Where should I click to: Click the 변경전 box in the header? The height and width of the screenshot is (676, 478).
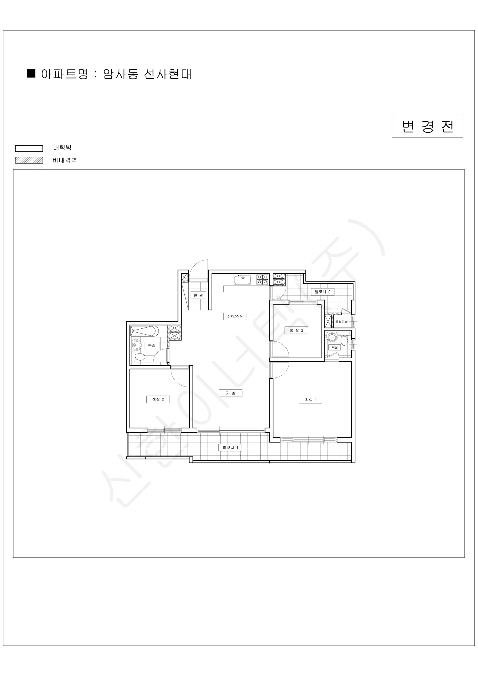point(427,126)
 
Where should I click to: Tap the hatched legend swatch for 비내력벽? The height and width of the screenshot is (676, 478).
point(29,160)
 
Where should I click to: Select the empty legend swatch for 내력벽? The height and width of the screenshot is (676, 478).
point(29,148)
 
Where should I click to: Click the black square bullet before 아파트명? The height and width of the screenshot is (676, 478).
point(31,73)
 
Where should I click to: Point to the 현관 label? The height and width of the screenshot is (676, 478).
point(198,295)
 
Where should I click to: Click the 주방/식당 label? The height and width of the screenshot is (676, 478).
point(235,317)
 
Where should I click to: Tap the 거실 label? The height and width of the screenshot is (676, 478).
point(231,393)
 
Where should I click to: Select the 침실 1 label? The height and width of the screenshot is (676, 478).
point(311,399)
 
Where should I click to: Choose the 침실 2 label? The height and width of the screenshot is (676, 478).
point(158,399)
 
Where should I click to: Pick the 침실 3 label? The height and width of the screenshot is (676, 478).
point(296,330)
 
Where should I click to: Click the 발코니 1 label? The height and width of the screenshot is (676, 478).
point(230,448)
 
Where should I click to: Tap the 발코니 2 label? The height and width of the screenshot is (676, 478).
point(323,292)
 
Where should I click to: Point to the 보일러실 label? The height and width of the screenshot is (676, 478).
point(341,321)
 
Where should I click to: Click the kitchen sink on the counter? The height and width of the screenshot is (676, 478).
point(242,279)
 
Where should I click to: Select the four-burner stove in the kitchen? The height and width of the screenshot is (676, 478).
point(262,279)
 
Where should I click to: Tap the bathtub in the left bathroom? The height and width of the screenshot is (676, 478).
point(145,331)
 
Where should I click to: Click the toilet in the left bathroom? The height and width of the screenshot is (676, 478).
point(139,357)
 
